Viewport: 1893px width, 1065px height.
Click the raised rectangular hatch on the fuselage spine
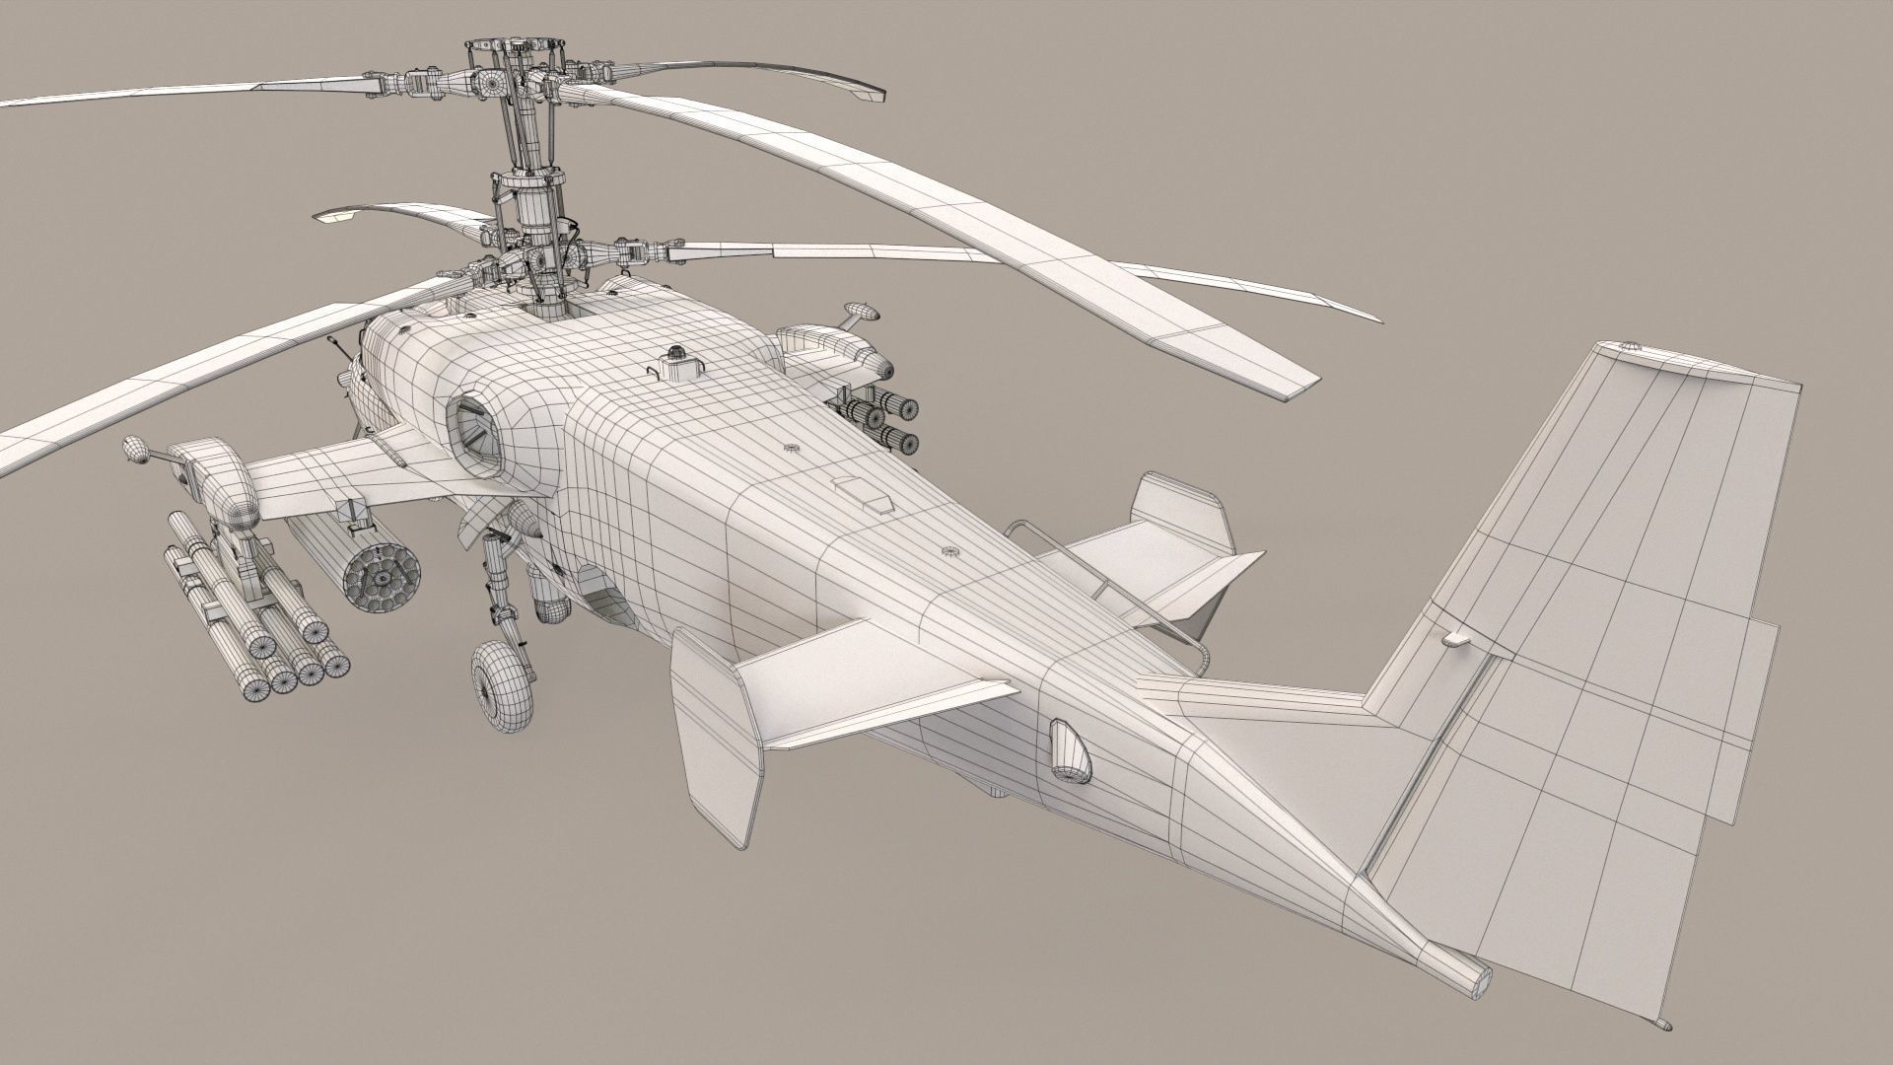tap(865, 493)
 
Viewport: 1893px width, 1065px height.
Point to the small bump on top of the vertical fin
tap(1629, 348)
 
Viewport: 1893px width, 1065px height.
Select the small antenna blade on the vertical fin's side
tap(1454, 640)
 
